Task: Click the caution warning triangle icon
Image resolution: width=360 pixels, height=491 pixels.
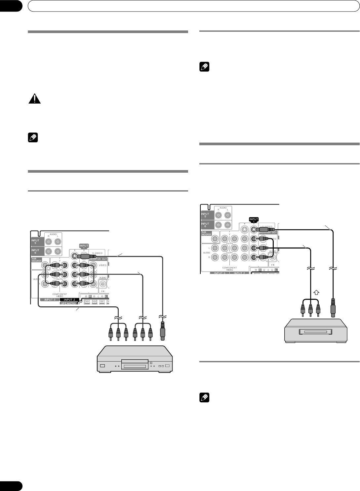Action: tap(34, 99)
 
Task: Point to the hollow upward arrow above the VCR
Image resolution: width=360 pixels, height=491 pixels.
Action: tap(316, 292)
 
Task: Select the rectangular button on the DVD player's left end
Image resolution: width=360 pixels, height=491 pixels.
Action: tap(102, 366)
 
